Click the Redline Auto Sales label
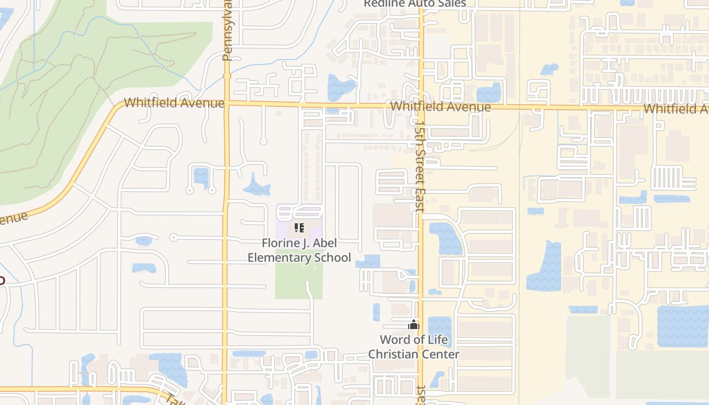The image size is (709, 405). coord(415,4)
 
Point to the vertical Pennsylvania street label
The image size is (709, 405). coord(227,30)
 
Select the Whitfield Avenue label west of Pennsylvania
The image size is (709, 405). coord(174,103)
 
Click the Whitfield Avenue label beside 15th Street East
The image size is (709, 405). coord(441,107)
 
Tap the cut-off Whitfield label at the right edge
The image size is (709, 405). coord(676,109)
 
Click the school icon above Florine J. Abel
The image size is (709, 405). coord(299,228)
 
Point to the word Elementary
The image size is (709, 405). coord(279,257)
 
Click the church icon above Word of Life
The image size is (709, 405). coord(414,325)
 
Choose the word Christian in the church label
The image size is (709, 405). coord(393,354)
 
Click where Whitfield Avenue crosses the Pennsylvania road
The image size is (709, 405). coord(226,103)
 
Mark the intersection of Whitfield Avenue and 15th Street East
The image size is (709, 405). coord(421,106)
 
